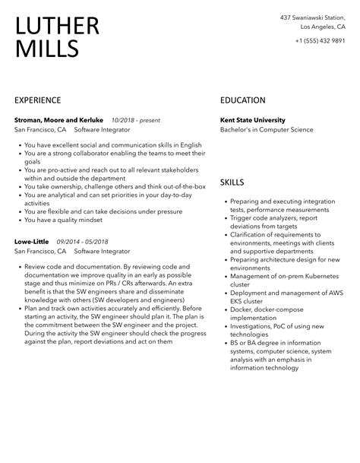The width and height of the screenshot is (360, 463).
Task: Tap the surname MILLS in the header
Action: click(46, 49)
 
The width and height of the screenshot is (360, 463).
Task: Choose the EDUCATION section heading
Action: click(242, 100)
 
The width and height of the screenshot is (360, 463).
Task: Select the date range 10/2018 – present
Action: click(136, 120)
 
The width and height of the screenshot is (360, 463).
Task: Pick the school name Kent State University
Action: click(252, 120)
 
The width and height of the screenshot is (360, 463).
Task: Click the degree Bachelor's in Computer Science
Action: click(266, 130)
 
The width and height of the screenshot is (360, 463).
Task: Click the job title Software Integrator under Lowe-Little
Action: click(102, 251)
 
